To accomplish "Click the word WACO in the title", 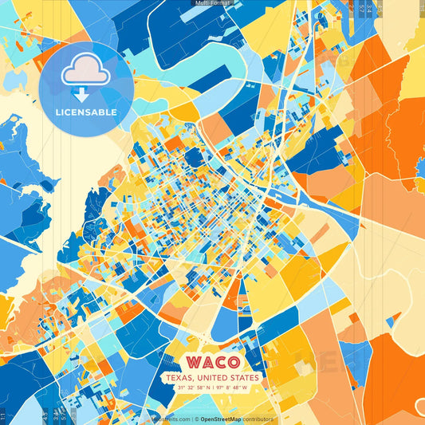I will pos(212,361).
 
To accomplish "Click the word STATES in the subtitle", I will pos(246,378).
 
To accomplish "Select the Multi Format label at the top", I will pos(212,3).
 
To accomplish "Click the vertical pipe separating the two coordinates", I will pos(213,388).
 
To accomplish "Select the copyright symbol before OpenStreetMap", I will pos(195,419).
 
